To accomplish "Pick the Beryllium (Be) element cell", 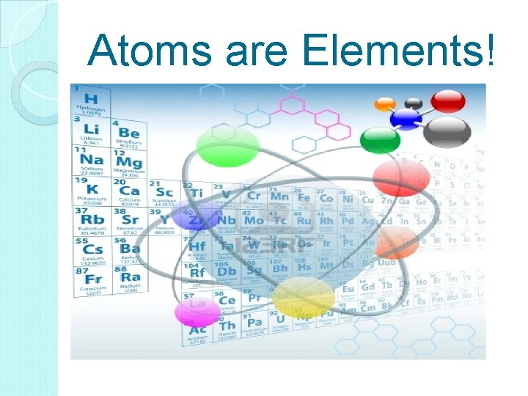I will [x=128, y=133].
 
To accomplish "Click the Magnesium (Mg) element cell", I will [x=128, y=163].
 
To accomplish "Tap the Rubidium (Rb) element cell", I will [x=90, y=222].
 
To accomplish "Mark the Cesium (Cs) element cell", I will [x=90, y=252].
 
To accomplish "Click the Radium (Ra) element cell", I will [x=128, y=280].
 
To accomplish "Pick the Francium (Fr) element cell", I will [x=90, y=281].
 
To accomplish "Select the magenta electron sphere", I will [x=197, y=312].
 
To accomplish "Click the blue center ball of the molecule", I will [x=405, y=118].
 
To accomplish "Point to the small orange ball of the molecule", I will [x=384, y=105].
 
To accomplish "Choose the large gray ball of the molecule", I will [x=447, y=131].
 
